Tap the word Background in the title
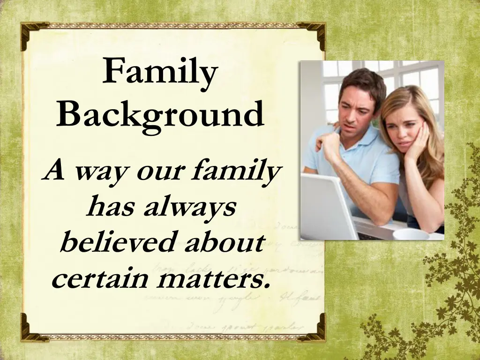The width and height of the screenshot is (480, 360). tap(160, 114)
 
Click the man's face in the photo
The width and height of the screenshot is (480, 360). tap(355, 105)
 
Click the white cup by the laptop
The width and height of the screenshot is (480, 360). tap(410, 234)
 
